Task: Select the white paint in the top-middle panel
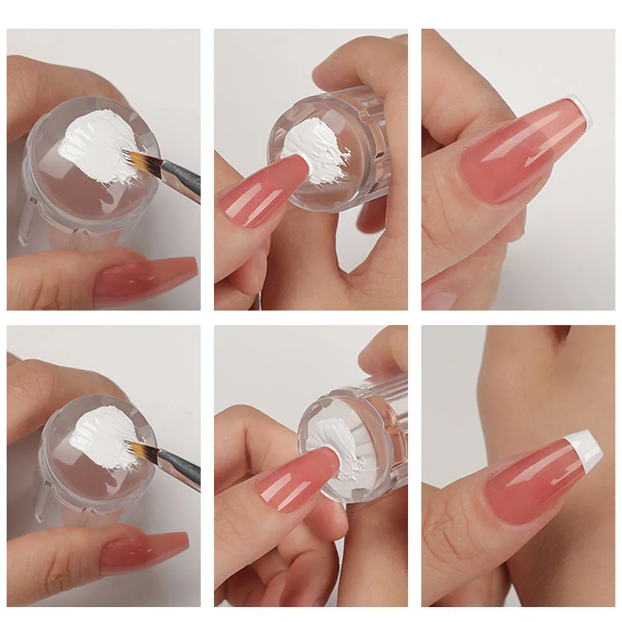tap(311, 149)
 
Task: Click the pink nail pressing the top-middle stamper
tap(261, 193)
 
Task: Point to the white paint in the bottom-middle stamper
tap(327, 435)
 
